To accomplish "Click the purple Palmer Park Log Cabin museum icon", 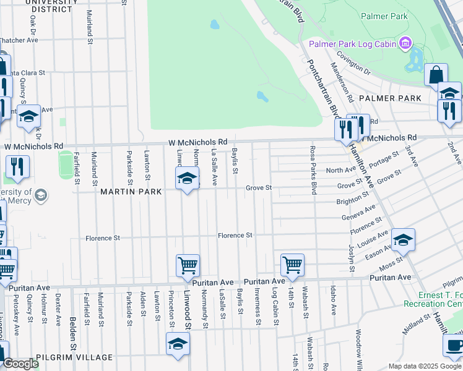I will [x=406, y=43].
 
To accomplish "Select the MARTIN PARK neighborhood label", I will [x=131, y=192].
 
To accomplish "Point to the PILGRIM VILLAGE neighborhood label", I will [x=74, y=357].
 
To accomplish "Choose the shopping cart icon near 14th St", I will [x=292, y=265].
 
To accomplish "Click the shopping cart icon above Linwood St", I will [x=188, y=265].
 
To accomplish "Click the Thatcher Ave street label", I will [x=19, y=40].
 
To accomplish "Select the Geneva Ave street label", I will [x=358, y=213].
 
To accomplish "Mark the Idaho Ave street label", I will [x=333, y=299].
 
